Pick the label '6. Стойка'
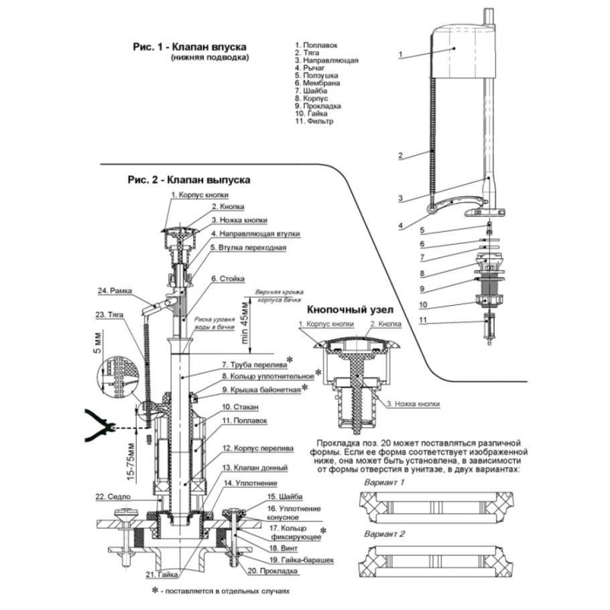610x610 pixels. (x=228, y=278)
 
